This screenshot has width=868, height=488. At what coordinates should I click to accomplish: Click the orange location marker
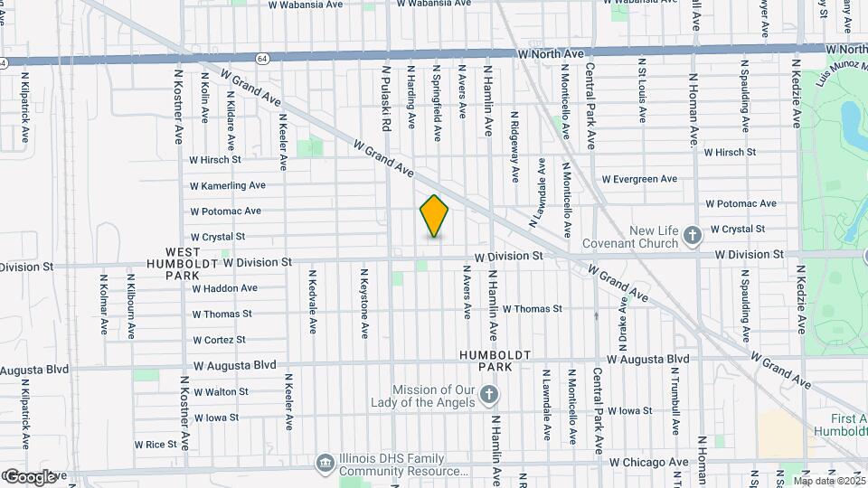click(x=434, y=216)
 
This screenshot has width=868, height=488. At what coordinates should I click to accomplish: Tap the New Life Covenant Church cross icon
click(x=693, y=236)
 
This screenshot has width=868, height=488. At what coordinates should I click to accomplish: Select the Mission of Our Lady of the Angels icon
click(x=488, y=394)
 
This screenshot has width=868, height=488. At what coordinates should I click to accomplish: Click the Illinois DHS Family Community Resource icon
click(x=325, y=464)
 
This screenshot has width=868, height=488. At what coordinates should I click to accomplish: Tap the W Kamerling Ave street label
click(x=228, y=185)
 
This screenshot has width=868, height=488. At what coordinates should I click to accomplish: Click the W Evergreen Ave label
click(x=644, y=179)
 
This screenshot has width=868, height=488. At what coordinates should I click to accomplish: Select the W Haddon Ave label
click(x=224, y=288)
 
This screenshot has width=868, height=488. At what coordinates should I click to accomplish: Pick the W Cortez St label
click(x=219, y=340)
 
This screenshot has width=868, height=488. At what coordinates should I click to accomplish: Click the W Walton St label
click(x=220, y=391)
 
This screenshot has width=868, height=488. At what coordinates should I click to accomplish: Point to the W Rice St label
click(x=156, y=444)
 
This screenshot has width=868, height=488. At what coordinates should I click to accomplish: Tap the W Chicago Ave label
click(x=648, y=462)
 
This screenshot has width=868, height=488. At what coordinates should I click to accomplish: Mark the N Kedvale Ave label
click(x=313, y=303)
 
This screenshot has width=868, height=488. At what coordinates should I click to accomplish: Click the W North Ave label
click(x=552, y=54)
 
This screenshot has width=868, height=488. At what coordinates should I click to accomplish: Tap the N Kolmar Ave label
click(x=104, y=305)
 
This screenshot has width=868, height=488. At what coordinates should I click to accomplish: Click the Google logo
click(x=30, y=476)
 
